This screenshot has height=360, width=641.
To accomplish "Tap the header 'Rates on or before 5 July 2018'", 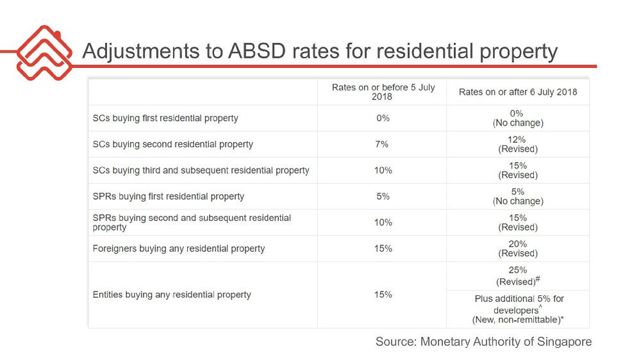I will pos(383,92).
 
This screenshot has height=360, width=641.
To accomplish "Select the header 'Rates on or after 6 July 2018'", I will pos(518,92).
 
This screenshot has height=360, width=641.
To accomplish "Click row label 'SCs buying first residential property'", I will pos(165,118).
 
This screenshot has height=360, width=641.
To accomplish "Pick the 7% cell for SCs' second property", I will pos(383,144).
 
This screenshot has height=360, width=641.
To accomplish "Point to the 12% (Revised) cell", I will pos(518,144).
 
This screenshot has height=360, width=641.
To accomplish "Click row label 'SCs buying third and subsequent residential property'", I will pos(201,170).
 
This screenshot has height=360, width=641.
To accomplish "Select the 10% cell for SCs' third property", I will pos(383,170).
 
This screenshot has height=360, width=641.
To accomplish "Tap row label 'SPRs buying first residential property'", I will pos(169,196).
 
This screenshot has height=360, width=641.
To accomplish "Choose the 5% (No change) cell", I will pos(518,196).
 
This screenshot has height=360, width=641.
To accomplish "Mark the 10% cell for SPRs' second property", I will pos(383,222).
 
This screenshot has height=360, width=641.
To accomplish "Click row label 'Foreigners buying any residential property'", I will pos(179,248).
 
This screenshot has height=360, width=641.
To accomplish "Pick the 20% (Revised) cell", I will pos(518,248).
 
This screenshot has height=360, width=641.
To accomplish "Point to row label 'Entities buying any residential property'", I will pos(172,295).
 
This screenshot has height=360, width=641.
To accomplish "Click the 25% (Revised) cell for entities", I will pos(518,276).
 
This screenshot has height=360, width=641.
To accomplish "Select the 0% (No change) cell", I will pos(518,118).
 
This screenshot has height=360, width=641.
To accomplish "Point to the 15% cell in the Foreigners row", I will pos(383,248).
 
